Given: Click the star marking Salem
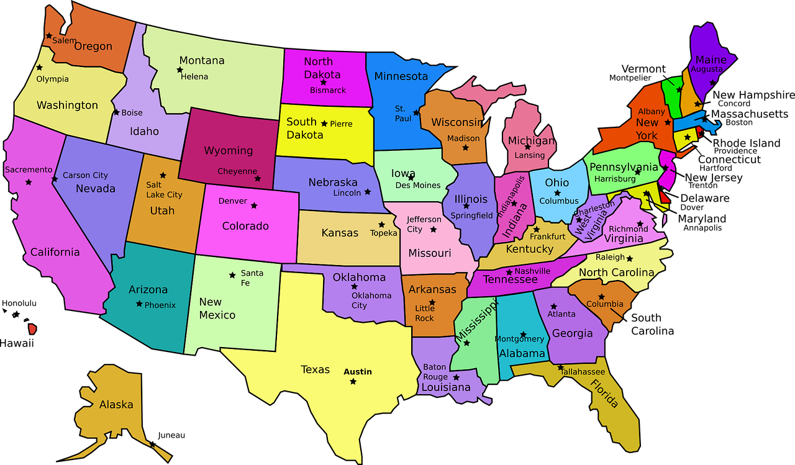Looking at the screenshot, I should (48, 36).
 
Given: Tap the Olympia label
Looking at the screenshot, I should (52, 79).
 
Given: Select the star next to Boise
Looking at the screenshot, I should (116, 112).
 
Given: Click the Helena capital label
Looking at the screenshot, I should (194, 76).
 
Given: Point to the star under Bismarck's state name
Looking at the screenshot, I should (323, 83).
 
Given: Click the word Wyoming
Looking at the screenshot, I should (228, 150).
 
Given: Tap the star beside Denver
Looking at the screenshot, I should (253, 205).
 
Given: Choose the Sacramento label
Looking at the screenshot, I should (29, 169).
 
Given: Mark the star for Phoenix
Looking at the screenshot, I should (139, 304).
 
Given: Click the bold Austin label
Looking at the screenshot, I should (358, 371).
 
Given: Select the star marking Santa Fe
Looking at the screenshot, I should (232, 274).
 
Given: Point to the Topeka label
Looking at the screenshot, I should (383, 233).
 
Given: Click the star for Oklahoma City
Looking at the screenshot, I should (354, 286).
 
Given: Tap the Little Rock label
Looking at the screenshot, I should (425, 313).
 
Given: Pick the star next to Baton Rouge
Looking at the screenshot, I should (456, 377).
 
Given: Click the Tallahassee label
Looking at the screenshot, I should (583, 371).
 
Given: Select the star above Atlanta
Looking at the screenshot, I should (553, 306).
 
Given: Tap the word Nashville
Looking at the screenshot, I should (532, 271).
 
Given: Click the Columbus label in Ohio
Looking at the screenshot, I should (559, 201).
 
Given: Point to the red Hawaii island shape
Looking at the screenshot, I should (32, 329).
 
